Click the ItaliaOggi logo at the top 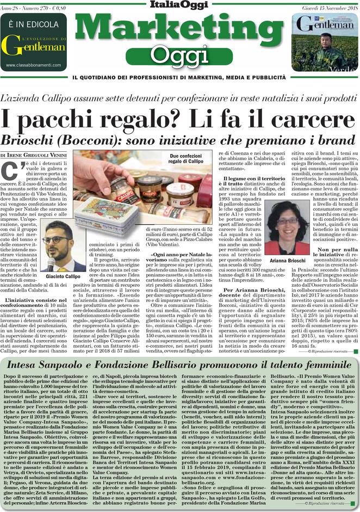tap(179, 5)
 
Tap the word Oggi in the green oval tap(179, 54)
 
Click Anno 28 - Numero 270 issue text tap(29, 5)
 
